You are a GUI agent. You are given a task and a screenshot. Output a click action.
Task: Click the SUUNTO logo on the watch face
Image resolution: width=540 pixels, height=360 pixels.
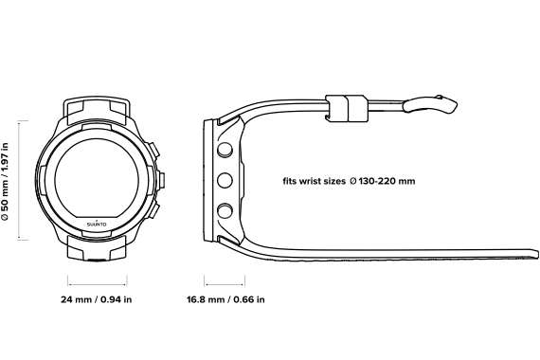[97, 224]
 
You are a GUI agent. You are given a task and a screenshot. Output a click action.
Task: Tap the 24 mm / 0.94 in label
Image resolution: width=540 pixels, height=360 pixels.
[97, 299]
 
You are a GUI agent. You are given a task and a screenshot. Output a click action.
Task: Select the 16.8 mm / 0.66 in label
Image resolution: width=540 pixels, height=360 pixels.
[225, 299]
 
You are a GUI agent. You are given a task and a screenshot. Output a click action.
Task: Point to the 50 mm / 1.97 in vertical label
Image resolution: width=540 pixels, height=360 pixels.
[5, 181]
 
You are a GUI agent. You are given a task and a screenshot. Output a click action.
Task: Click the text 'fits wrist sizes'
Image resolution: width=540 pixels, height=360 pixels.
[315, 181]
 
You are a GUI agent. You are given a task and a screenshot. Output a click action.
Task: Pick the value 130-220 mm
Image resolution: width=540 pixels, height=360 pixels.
[387, 181]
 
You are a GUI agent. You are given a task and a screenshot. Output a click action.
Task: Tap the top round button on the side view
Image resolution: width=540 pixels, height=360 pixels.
[225, 150]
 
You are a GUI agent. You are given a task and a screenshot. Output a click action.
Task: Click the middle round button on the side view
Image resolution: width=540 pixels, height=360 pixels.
[225, 180]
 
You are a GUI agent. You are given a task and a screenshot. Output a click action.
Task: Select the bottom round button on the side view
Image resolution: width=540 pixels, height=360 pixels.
[225, 210]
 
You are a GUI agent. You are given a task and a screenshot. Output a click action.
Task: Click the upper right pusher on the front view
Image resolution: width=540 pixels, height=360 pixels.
[153, 150]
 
